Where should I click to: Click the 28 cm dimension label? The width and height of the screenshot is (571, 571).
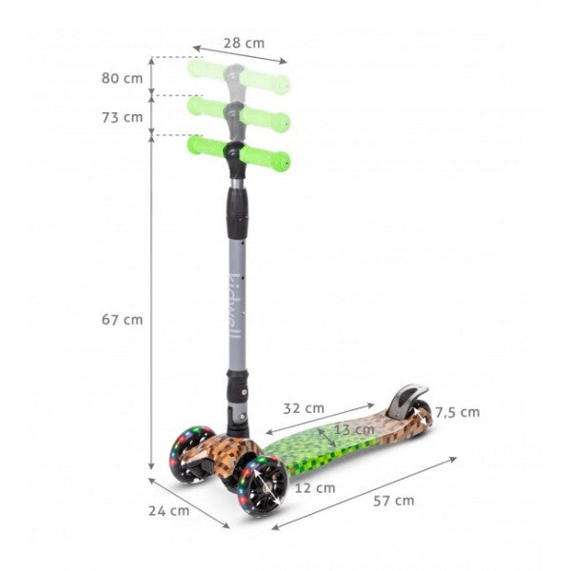pyautogui.click(x=244, y=43)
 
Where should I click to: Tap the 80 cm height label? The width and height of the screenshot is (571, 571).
pyautogui.click(x=122, y=78)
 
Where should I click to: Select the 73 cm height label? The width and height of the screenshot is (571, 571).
pyautogui.click(x=122, y=118)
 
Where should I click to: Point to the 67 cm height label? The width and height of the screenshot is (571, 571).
pyautogui.click(x=122, y=320)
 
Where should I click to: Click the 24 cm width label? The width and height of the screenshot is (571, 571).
pyautogui.click(x=168, y=511)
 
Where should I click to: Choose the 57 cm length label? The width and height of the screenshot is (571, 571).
pyautogui.click(x=394, y=501)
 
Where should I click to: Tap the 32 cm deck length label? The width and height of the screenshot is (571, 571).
pyautogui.click(x=304, y=408)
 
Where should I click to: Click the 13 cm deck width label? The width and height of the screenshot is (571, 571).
pyautogui.click(x=354, y=430)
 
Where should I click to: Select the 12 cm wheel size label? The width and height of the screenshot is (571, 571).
pyautogui.click(x=315, y=488)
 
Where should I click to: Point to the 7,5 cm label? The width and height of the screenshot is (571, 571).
pyautogui.click(x=458, y=412)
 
